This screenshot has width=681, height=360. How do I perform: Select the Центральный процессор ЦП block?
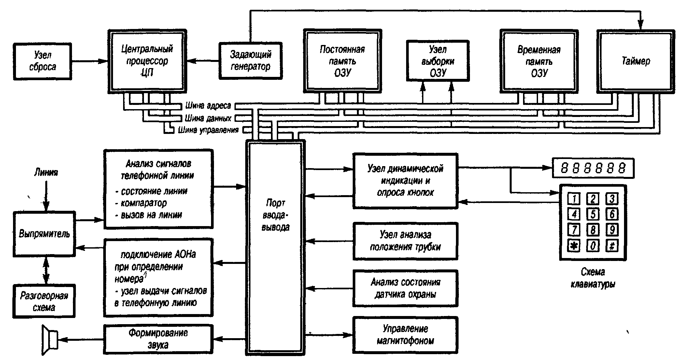(147, 61)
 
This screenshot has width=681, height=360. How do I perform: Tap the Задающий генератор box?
(250, 61)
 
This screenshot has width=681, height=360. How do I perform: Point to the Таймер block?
(636, 61)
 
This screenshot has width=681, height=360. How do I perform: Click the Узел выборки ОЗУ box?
(438, 61)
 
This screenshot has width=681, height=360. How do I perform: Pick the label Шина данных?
(208, 118)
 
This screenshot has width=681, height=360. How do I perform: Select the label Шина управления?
(208, 130)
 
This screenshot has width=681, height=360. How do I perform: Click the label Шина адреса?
(208, 106)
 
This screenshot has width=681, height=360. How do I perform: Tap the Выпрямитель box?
(44, 233)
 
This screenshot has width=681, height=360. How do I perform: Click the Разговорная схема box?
(44, 301)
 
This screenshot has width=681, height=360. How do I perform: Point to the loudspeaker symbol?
(50, 339)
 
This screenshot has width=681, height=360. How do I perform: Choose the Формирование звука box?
(158, 339)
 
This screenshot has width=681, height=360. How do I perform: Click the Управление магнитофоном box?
(405, 335)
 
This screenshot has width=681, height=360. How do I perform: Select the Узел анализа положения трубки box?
(405, 241)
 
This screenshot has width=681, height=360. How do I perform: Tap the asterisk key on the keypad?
(574, 245)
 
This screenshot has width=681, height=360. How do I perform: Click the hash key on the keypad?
(612, 245)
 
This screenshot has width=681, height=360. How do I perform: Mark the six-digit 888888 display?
(593, 168)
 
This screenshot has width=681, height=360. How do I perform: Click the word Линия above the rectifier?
(46, 172)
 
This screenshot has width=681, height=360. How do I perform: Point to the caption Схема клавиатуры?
(593, 278)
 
